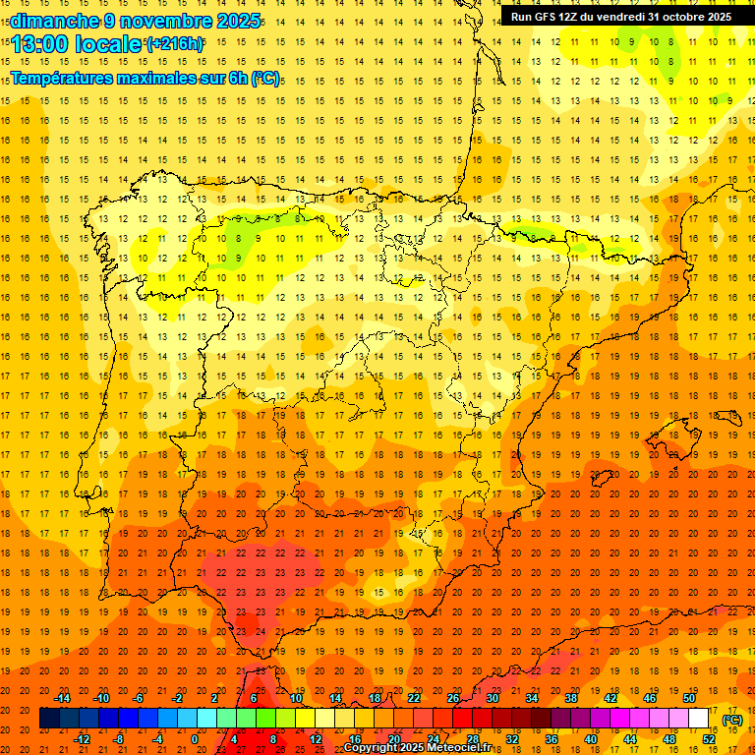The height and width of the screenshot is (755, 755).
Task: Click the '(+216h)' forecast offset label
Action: (174, 44)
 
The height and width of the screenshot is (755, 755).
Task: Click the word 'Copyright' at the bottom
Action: (373, 748)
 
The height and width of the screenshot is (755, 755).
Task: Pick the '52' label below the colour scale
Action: (709, 739)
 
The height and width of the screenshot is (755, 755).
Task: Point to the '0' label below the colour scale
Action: (195, 739)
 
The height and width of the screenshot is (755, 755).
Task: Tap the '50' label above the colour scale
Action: (688, 698)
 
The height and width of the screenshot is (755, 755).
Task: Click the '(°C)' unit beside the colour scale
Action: (732, 719)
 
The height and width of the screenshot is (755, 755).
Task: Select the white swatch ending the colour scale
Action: (698, 719)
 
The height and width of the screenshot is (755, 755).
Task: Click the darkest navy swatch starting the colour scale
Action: (49, 719)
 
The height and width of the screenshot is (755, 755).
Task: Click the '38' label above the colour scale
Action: (570, 698)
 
